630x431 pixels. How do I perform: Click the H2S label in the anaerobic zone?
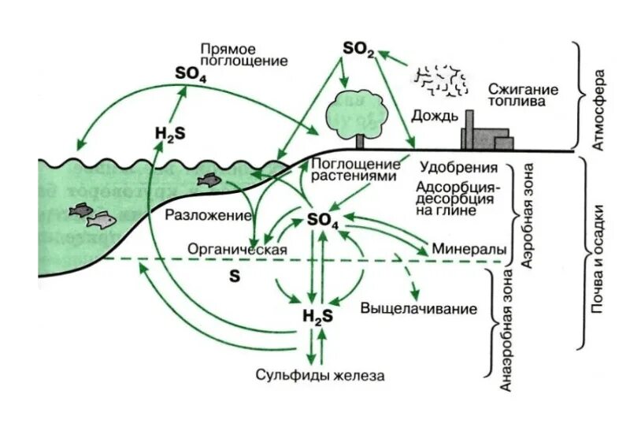click(317, 317)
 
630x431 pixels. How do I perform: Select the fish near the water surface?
click(208, 180)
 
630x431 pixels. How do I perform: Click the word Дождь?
click(434, 117)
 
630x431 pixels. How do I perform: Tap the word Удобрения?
click(458, 168)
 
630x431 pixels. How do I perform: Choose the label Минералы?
click(469, 249)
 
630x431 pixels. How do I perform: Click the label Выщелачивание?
click(419, 308)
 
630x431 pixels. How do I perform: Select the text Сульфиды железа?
click(321, 376)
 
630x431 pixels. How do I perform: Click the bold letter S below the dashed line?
click(233, 276)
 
